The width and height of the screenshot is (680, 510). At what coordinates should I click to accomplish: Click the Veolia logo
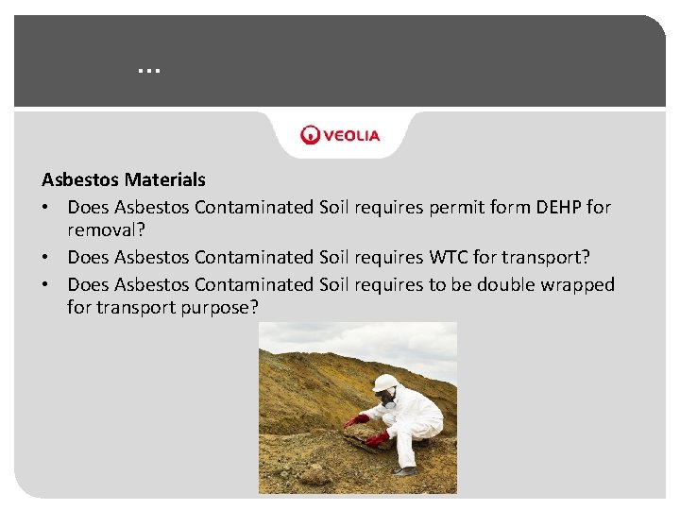coord(340,135)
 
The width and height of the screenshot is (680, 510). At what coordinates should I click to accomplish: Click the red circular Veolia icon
coord(310,135)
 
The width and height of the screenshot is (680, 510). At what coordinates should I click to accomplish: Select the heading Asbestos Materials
coord(124,179)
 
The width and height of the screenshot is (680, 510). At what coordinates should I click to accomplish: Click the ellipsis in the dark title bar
coord(148,69)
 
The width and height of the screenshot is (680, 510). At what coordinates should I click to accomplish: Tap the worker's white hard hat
coord(385,382)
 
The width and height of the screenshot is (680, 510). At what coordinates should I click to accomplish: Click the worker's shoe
coord(406,469)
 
